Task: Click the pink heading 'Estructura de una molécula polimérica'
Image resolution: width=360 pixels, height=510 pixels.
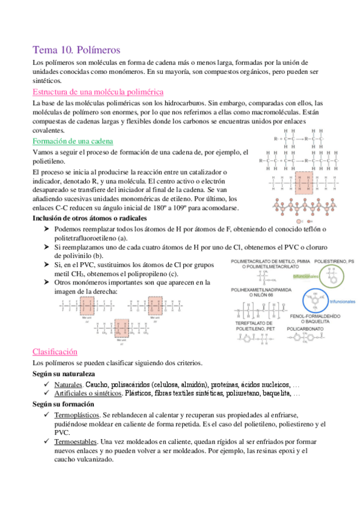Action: pos(98,92)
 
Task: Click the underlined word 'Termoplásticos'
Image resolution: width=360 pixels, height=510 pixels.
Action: pos(76,416)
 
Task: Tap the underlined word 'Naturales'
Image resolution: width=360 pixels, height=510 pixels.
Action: pos(68,384)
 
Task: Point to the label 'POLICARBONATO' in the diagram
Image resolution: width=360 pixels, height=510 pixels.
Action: pos(306,329)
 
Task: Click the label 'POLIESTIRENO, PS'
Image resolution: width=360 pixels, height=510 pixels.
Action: pos(334,262)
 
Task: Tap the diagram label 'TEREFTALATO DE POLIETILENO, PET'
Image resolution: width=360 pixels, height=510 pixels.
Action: pos(255,326)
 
